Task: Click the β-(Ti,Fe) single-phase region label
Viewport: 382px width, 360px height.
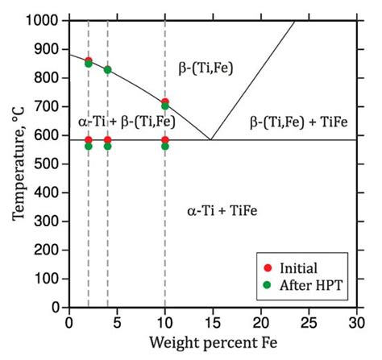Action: (204, 68)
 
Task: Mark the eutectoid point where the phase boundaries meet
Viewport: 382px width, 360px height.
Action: (211, 140)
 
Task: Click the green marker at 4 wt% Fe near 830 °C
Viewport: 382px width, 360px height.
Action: (107, 69)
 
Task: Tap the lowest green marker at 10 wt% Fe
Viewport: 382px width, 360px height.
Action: (165, 147)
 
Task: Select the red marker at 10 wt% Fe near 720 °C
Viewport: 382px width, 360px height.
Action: (165, 101)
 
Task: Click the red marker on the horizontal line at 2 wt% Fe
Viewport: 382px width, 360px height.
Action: (89, 140)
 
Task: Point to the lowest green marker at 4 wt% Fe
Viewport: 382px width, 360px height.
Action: (107, 147)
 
